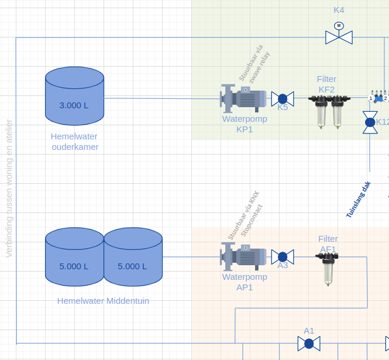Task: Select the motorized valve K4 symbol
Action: click(x=339, y=37)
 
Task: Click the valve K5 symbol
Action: click(x=283, y=98)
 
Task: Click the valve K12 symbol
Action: click(x=370, y=122)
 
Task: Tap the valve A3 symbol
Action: click(x=283, y=256)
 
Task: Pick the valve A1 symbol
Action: click(x=309, y=344)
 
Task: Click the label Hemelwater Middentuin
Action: click(x=103, y=301)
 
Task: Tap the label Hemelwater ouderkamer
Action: click(x=75, y=141)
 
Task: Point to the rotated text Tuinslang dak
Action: click(x=359, y=200)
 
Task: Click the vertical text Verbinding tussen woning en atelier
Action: click(x=9, y=188)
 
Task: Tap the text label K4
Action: click(x=339, y=10)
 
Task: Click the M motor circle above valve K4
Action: click(x=339, y=25)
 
